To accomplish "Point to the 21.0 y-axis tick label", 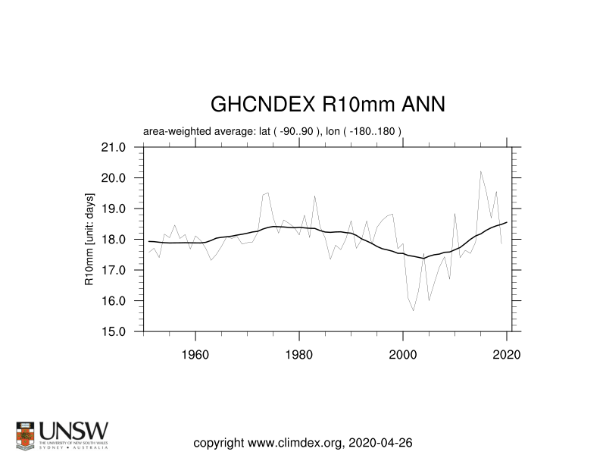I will pos(123,147).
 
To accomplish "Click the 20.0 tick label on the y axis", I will pos(123,178).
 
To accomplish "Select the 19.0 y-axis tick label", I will pos(123,209).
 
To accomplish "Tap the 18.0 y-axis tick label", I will pos(123,240).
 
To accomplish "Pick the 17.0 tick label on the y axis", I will pos(123,270).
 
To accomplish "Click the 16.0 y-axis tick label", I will pos(123,301).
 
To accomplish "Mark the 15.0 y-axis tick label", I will pos(123,331).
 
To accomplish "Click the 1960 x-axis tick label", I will pos(195,354).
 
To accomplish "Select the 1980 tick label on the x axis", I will pos(299,354).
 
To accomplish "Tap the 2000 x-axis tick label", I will pos(403,354).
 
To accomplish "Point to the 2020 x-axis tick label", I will pos(507,354).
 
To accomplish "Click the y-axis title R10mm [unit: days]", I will pos(89,239).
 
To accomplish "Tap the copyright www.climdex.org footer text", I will pos(303,442).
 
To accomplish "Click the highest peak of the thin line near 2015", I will pos(481,171).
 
